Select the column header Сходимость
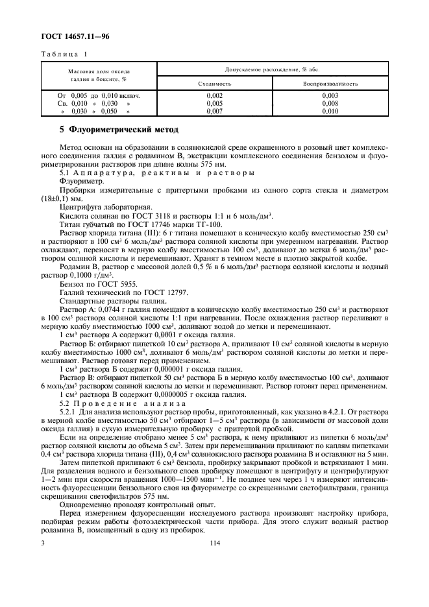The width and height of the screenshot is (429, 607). [x=214, y=84]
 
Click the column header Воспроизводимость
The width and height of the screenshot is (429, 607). [x=330, y=84]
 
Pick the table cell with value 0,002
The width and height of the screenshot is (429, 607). [x=214, y=95]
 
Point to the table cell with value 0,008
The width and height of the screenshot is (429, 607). [x=330, y=103]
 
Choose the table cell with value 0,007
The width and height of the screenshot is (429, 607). [x=214, y=111]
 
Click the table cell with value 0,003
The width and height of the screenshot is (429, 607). [x=330, y=95]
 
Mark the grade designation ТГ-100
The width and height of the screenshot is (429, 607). [x=197, y=223]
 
